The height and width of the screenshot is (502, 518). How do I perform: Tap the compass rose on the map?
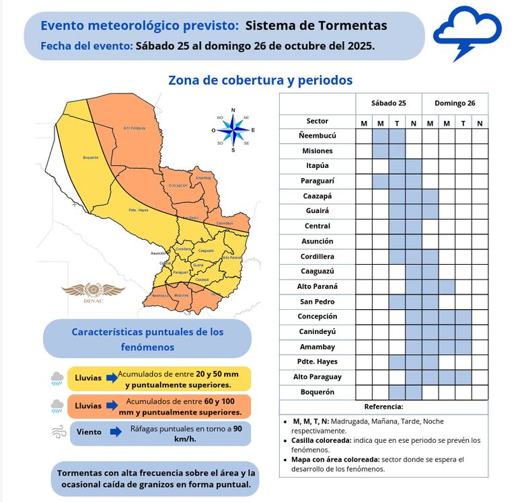[x=233, y=130]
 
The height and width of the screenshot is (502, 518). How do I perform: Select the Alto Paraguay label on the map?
[x=135, y=128]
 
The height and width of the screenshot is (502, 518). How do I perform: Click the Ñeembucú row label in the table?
[x=317, y=136]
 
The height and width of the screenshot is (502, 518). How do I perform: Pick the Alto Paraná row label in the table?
[x=317, y=286]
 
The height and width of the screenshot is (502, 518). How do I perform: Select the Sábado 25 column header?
[x=388, y=103]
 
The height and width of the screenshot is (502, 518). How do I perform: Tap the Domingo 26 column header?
[x=455, y=103]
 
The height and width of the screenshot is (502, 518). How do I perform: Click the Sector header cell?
[x=317, y=121]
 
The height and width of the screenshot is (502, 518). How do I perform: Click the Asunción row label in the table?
[x=317, y=241]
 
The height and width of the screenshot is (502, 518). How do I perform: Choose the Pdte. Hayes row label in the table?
[x=317, y=362]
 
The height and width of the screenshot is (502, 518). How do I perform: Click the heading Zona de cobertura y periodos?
[x=260, y=80]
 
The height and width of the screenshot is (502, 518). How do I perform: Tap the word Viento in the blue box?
[x=89, y=432]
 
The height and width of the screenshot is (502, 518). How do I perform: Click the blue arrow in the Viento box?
[x=115, y=432]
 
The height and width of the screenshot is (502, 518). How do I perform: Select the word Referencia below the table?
[x=383, y=407]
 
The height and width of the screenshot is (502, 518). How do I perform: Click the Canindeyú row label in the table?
[x=317, y=331]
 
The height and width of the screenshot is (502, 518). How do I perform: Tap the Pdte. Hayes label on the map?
[x=138, y=211]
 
